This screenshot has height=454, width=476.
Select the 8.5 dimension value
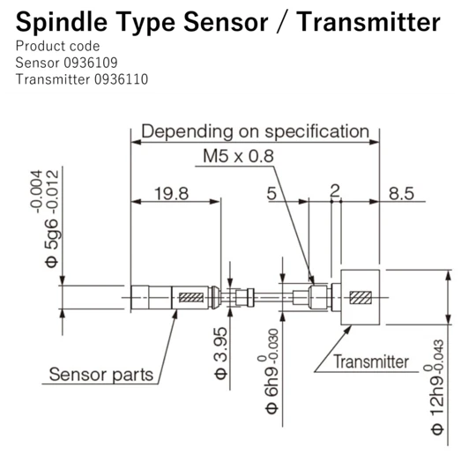(401, 194)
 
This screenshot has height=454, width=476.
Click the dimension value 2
(334, 191)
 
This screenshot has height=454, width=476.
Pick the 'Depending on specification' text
(256, 132)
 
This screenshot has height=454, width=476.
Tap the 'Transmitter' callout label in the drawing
(371, 361)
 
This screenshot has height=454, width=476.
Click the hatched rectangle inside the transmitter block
(360, 297)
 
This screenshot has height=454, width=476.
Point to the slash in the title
(282, 21)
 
